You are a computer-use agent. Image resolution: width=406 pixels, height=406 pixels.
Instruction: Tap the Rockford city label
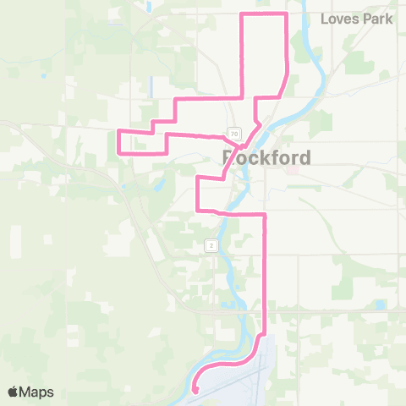click(266, 157)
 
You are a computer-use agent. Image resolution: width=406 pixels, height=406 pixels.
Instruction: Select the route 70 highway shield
click(233, 134)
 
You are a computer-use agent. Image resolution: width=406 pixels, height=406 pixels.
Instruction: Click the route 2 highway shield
click(211, 245)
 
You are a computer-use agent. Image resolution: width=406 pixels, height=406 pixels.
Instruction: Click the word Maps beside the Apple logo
click(37, 392)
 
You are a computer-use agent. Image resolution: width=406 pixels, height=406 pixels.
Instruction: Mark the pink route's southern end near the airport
click(195, 390)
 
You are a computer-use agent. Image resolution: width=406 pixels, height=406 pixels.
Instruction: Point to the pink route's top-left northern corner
click(244, 14)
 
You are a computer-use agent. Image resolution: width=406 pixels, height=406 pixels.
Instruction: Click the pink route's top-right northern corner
click(288, 14)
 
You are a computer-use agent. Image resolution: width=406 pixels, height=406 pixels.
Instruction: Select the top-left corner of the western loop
click(118, 131)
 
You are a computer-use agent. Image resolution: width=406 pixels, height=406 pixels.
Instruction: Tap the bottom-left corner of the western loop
click(118, 153)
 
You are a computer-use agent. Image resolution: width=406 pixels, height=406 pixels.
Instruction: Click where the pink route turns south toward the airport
click(266, 215)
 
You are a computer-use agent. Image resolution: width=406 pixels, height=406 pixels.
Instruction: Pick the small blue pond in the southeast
click(380, 304)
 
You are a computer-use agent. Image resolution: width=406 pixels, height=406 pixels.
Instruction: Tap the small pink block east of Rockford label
click(294, 167)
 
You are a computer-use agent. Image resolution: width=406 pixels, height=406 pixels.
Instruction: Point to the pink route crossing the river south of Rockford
click(227, 211)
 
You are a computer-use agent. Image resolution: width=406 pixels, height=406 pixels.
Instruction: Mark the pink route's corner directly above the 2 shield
click(197, 209)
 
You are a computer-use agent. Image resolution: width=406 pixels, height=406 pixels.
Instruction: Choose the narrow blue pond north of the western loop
click(150, 85)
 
